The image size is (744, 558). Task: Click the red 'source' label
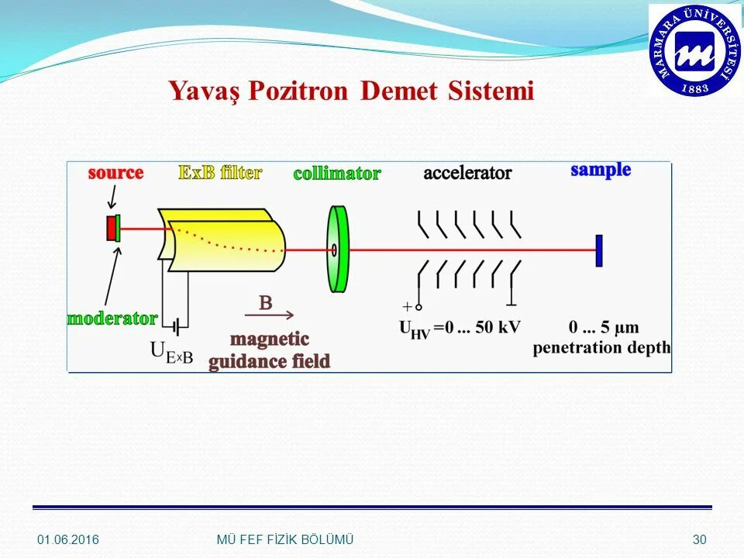(x=115, y=173)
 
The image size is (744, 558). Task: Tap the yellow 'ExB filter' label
(x=220, y=172)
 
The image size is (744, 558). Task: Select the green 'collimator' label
(x=336, y=174)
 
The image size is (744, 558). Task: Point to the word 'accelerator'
(x=467, y=173)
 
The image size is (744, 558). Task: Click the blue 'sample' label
(x=601, y=170)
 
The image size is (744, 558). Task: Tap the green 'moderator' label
(x=112, y=318)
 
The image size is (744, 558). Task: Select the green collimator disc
(x=338, y=249)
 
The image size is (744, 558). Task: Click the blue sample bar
(x=599, y=250)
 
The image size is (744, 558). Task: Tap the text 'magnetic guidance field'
(x=269, y=350)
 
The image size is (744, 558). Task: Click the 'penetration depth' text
(x=601, y=348)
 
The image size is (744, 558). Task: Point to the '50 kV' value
(x=497, y=327)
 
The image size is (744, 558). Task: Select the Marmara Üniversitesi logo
(x=694, y=50)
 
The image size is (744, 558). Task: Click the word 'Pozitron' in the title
(x=300, y=91)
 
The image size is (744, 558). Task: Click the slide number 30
(x=700, y=539)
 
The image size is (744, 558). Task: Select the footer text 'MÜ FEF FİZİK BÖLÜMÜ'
(x=284, y=539)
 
